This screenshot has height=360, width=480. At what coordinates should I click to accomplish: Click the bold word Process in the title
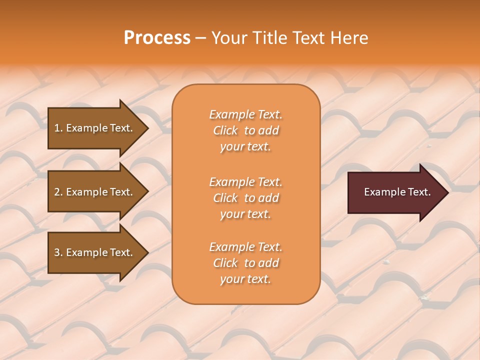click(x=157, y=38)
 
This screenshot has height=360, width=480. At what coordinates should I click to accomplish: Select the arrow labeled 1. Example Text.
click(x=95, y=128)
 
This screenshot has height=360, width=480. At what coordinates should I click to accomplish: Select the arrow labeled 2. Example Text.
click(x=95, y=192)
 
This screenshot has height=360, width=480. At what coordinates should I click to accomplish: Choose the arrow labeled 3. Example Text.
click(x=95, y=252)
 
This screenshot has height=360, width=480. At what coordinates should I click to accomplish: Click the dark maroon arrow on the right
click(x=395, y=192)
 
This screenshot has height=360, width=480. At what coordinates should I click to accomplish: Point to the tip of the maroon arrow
click(x=447, y=192)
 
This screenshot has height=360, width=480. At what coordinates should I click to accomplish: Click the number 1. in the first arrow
click(x=58, y=128)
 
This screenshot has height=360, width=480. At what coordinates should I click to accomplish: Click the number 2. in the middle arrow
click(x=58, y=192)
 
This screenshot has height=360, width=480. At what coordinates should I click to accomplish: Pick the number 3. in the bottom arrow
click(x=58, y=252)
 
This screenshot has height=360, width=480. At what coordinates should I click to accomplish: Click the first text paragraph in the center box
click(x=245, y=130)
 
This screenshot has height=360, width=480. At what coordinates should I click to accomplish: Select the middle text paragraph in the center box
click(x=245, y=198)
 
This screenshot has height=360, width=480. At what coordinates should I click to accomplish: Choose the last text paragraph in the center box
click(x=245, y=263)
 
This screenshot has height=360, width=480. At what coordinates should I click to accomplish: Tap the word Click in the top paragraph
click(x=225, y=130)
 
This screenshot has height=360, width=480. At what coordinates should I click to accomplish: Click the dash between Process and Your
click(x=200, y=38)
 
